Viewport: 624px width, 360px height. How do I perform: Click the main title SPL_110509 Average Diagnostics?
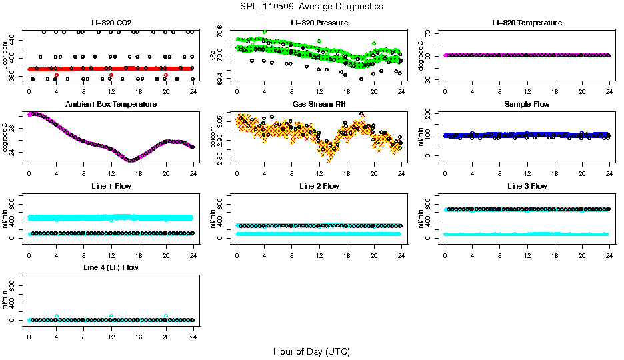point(312,6)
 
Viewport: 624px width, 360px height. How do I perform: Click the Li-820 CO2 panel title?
point(111,23)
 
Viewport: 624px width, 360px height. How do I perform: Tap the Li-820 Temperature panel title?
point(527,23)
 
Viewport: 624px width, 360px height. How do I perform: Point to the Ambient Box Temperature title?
point(111,105)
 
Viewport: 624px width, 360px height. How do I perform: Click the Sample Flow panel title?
point(527,105)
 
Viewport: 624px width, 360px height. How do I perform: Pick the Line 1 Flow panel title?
point(111,186)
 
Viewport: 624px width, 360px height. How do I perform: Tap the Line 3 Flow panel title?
point(527,186)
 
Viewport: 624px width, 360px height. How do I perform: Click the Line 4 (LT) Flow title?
point(111,267)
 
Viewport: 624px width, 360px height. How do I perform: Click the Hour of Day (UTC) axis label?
point(311,351)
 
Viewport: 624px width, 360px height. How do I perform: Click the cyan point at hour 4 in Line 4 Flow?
point(57,316)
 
